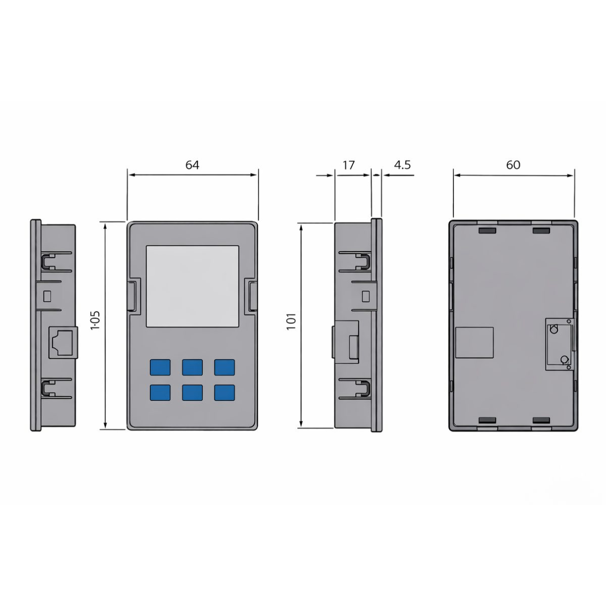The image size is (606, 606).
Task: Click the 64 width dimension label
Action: pyautogui.click(x=192, y=165)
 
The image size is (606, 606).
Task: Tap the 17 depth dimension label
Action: pyautogui.click(x=348, y=165)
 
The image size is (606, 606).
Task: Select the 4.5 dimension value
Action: pyautogui.click(x=402, y=165)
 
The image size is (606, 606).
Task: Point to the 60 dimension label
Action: pyautogui.click(x=513, y=165)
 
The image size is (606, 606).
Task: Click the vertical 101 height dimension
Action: pyautogui.click(x=291, y=321)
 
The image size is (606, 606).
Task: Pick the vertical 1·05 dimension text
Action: pyautogui.click(x=95, y=320)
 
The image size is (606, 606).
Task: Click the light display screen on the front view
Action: pyautogui.click(x=192, y=286)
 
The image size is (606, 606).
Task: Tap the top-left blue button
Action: pyautogui.click(x=160, y=367)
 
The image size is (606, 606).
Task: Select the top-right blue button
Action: pyautogui.click(x=224, y=367)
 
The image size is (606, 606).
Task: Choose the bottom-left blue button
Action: pyautogui.click(x=160, y=392)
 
